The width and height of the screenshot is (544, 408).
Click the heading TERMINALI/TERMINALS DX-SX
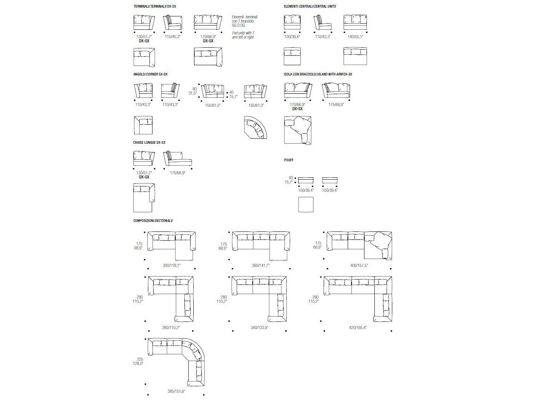pos(155,6)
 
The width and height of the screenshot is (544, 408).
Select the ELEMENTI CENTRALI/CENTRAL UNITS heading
pos(310,6)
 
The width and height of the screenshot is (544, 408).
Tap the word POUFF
pos(289,160)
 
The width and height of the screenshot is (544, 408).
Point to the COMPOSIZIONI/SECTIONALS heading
pos(153,221)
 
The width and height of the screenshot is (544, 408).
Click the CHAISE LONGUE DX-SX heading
pos(149,143)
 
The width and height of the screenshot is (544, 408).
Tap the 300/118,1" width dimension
pos(171,265)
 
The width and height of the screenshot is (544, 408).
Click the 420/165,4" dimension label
pos(357,327)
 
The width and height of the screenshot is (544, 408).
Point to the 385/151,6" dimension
pos(176,391)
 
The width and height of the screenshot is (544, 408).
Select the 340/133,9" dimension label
pos(259,327)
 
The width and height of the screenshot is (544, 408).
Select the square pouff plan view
pos(305,204)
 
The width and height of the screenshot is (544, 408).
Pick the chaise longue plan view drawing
pos(143,197)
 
